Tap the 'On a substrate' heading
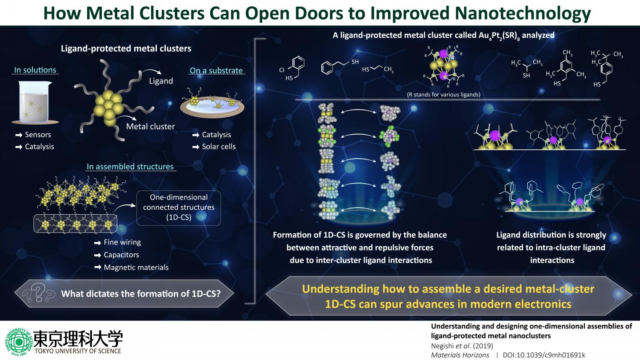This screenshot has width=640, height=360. [216, 70]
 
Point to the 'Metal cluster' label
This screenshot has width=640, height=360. [150, 126]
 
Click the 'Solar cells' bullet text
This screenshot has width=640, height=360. [219, 146]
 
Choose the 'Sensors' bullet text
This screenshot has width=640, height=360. [38, 135]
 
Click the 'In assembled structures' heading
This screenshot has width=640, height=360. [130, 167]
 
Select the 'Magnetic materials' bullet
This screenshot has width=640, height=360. [136, 267]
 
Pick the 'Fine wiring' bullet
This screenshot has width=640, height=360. [122, 242]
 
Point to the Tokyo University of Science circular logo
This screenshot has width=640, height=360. [18, 341]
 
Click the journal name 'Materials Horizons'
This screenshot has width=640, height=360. [460, 355]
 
